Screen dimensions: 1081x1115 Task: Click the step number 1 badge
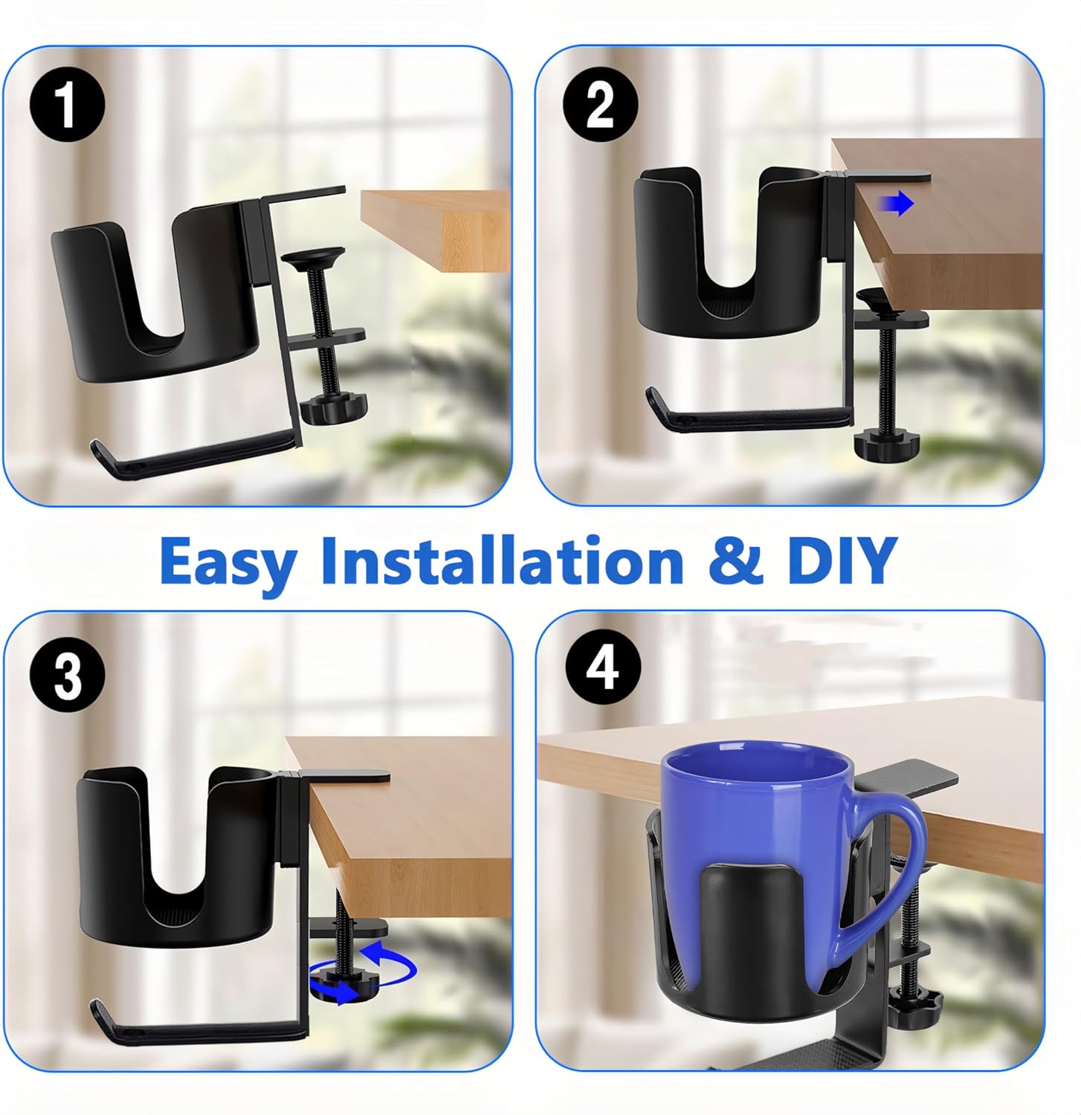coord(68,106)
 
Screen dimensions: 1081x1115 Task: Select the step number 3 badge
coord(68,674)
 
